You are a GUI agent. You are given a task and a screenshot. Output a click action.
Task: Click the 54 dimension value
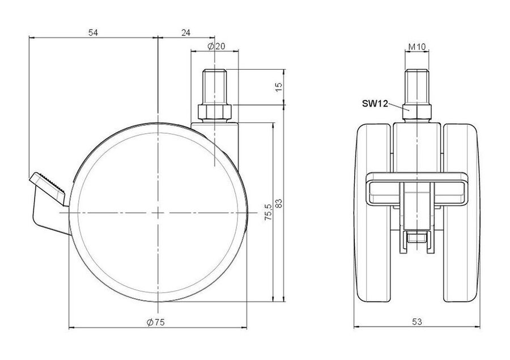[x=93, y=32]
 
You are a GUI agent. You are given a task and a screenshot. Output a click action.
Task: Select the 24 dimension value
[x=186, y=32]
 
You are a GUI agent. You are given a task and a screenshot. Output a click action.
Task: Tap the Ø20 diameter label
[x=216, y=46]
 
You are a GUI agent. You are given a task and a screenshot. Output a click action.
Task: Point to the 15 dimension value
[x=279, y=87]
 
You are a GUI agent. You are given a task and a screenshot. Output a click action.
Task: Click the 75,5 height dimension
[x=268, y=213]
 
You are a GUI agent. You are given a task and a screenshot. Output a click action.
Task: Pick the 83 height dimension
[x=279, y=204]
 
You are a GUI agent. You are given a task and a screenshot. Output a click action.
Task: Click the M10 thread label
[x=417, y=47]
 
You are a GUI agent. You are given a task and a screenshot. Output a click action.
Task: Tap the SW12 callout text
[x=375, y=104]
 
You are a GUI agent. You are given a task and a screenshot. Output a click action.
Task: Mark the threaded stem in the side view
[x=214, y=87]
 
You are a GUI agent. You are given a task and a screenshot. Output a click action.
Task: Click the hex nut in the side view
[x=214, y=112]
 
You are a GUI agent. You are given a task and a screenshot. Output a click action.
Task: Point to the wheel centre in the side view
[x=158, y=213]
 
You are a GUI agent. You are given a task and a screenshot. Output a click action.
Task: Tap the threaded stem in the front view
[x=417, y=87]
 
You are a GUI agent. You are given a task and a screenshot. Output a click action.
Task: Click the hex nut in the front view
[x=417, y=113]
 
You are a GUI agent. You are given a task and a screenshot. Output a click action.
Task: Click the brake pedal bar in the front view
[x=417, y=189]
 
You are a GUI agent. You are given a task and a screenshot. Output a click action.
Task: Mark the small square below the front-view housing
[x=417, y=238]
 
